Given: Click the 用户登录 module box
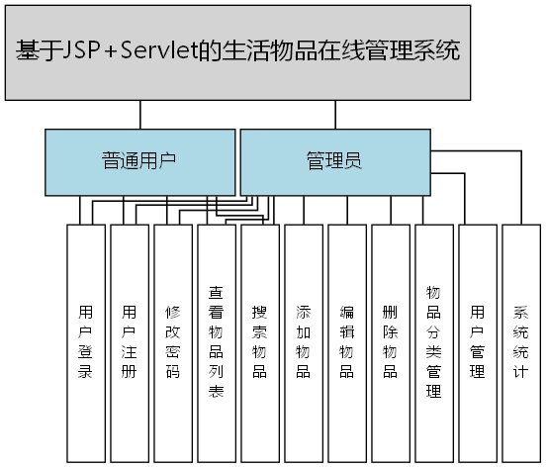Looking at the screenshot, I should pyautogui.click(x=85, y=341).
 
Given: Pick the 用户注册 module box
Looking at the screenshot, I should pyautogui.click(x=129, y=341).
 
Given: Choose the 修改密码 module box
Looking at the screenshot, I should pyautogui.click(x=172, y=341).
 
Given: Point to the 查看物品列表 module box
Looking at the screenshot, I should pyautogui.click(x=216, y=341).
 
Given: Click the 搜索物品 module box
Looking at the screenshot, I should pyautogui.click(x=259, y=341).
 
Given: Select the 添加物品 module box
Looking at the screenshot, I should pyautogui.click(x=303, y=341).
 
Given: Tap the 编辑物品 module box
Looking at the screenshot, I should pyautogui.click(x=346, y=341).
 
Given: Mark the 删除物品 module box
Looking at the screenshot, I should pyautogui.click(x=390, y=341).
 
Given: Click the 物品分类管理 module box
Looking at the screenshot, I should pyautogui.click(x=433, y=341).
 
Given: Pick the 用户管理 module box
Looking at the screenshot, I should pyautogui.click(x=477, y=341).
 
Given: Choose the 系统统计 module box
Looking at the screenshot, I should pyautogui.click(x=520, y=341).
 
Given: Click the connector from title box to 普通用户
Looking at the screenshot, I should pyautogui.click(x=140, y=115).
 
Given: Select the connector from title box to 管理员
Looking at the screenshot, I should pyautogui.click(x=334, y=115).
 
